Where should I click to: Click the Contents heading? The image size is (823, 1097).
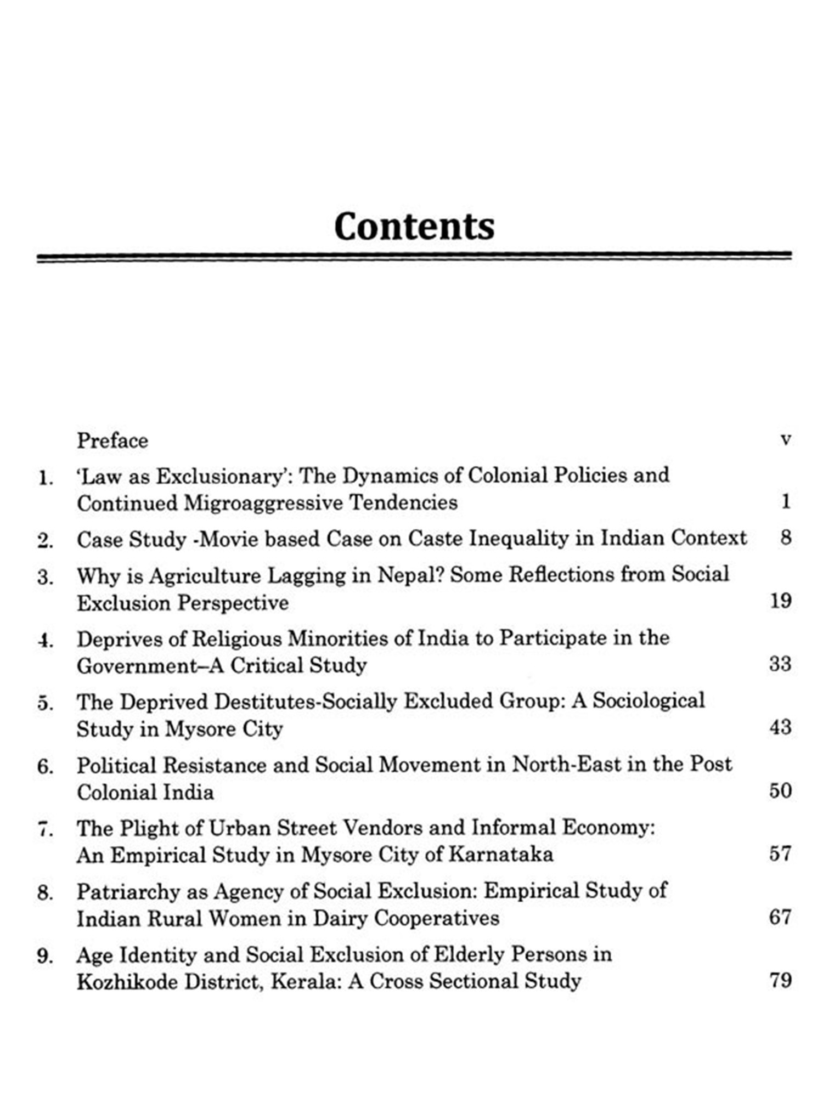(414, 226)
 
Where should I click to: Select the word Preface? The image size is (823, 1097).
(112, 440)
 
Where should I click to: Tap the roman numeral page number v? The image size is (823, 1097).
(785, 440)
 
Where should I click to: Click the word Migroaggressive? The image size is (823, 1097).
(263, 502)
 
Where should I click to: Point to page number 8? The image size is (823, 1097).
(786, 537)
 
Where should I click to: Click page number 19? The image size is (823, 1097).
(780, 601)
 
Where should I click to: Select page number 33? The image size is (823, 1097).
(780, 664)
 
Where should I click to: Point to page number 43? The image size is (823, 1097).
(780, 727)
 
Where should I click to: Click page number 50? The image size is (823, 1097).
(780, 791)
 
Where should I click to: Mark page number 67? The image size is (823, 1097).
(780, 917)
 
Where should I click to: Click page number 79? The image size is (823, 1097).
(780, 980)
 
